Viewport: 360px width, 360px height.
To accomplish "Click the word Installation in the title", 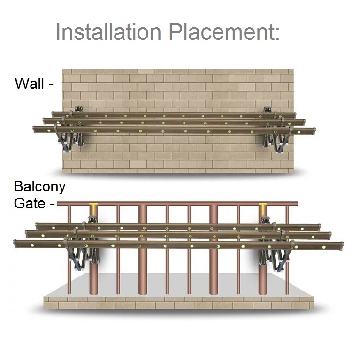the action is (109, 32).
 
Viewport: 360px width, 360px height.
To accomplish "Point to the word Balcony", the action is (39, 186).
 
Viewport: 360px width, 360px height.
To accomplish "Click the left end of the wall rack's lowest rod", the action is (36, 129).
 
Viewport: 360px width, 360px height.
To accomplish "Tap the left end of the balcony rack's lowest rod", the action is (17, 244).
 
